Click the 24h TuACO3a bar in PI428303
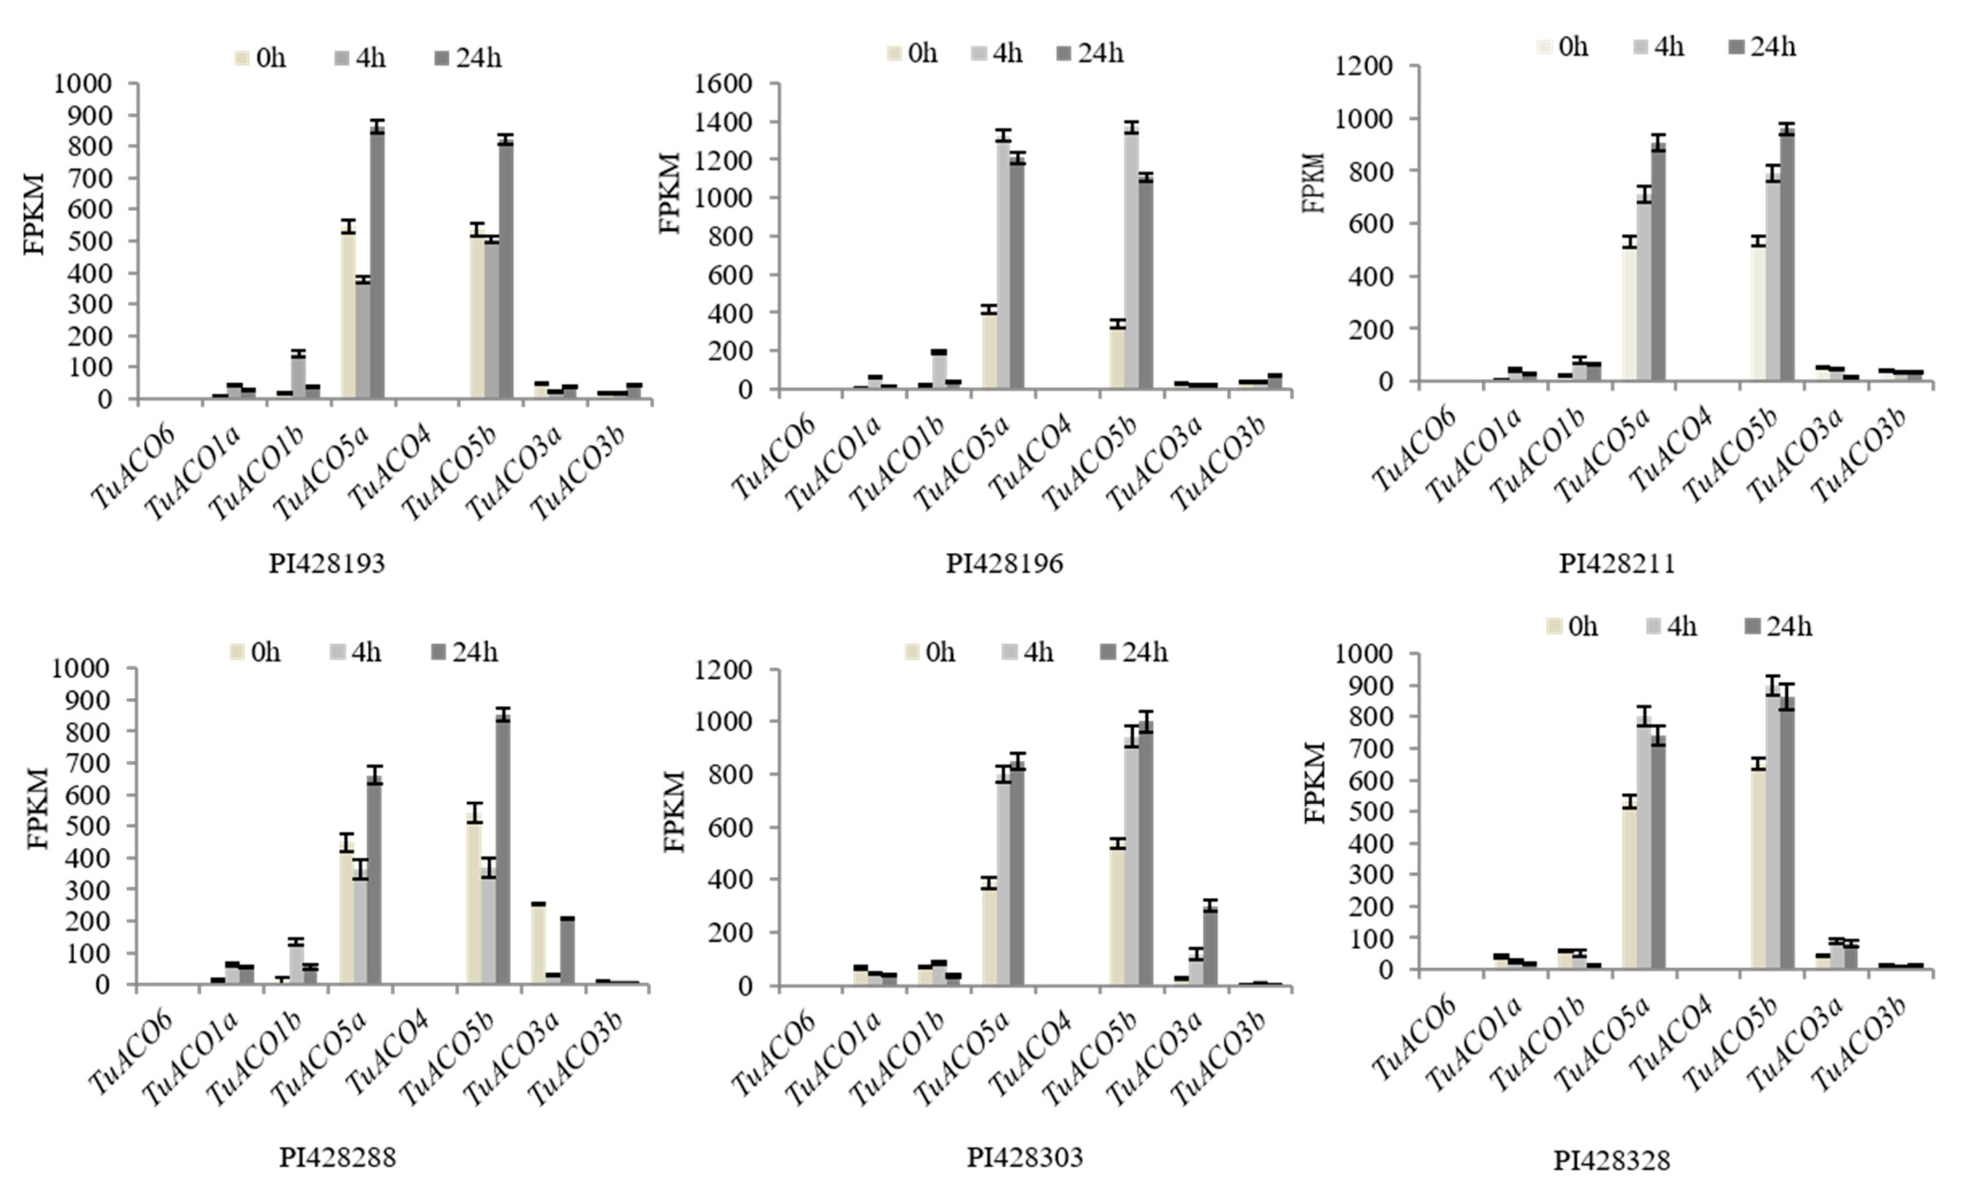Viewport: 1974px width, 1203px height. click(x=1210, y=946)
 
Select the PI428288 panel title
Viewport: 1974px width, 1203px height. click(x=337, y=1157)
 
